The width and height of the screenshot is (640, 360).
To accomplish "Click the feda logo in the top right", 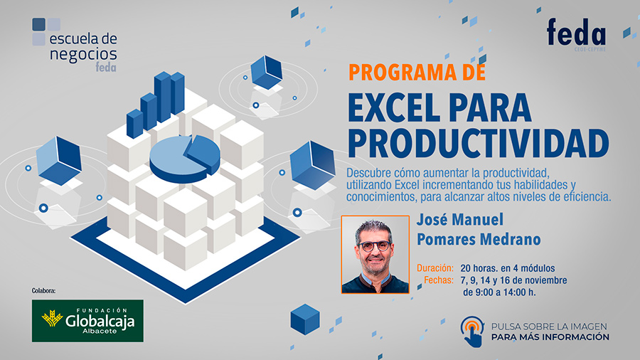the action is click(576, 34).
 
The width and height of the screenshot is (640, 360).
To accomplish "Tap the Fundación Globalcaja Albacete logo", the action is click(87, 321).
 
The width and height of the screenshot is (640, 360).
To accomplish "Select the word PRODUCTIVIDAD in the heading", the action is click(478, 143).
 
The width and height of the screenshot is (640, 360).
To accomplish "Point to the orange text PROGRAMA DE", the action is click(417, 73).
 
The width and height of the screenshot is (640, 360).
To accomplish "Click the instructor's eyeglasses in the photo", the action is click(374, 245).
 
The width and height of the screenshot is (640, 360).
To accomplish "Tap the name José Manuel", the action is click(460, 220).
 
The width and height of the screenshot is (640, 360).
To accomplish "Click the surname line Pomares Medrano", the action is click(479, 239).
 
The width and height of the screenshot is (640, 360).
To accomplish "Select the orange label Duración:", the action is click(435, 268).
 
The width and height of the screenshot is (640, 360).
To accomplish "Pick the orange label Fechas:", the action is click(439, 280).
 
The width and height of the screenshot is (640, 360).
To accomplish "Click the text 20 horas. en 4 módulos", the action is click(508, 268).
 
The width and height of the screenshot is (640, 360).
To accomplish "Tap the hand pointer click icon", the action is click(473, 332).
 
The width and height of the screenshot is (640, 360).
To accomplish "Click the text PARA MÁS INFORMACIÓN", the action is click(550, 337).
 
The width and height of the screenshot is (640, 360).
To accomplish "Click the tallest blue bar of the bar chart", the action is click(162, 96).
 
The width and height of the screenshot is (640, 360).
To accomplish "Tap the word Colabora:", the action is click(43, 290).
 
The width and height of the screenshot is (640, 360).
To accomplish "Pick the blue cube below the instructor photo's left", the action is click(305, 319).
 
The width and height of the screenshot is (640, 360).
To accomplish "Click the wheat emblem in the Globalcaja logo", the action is click(52, 318).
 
